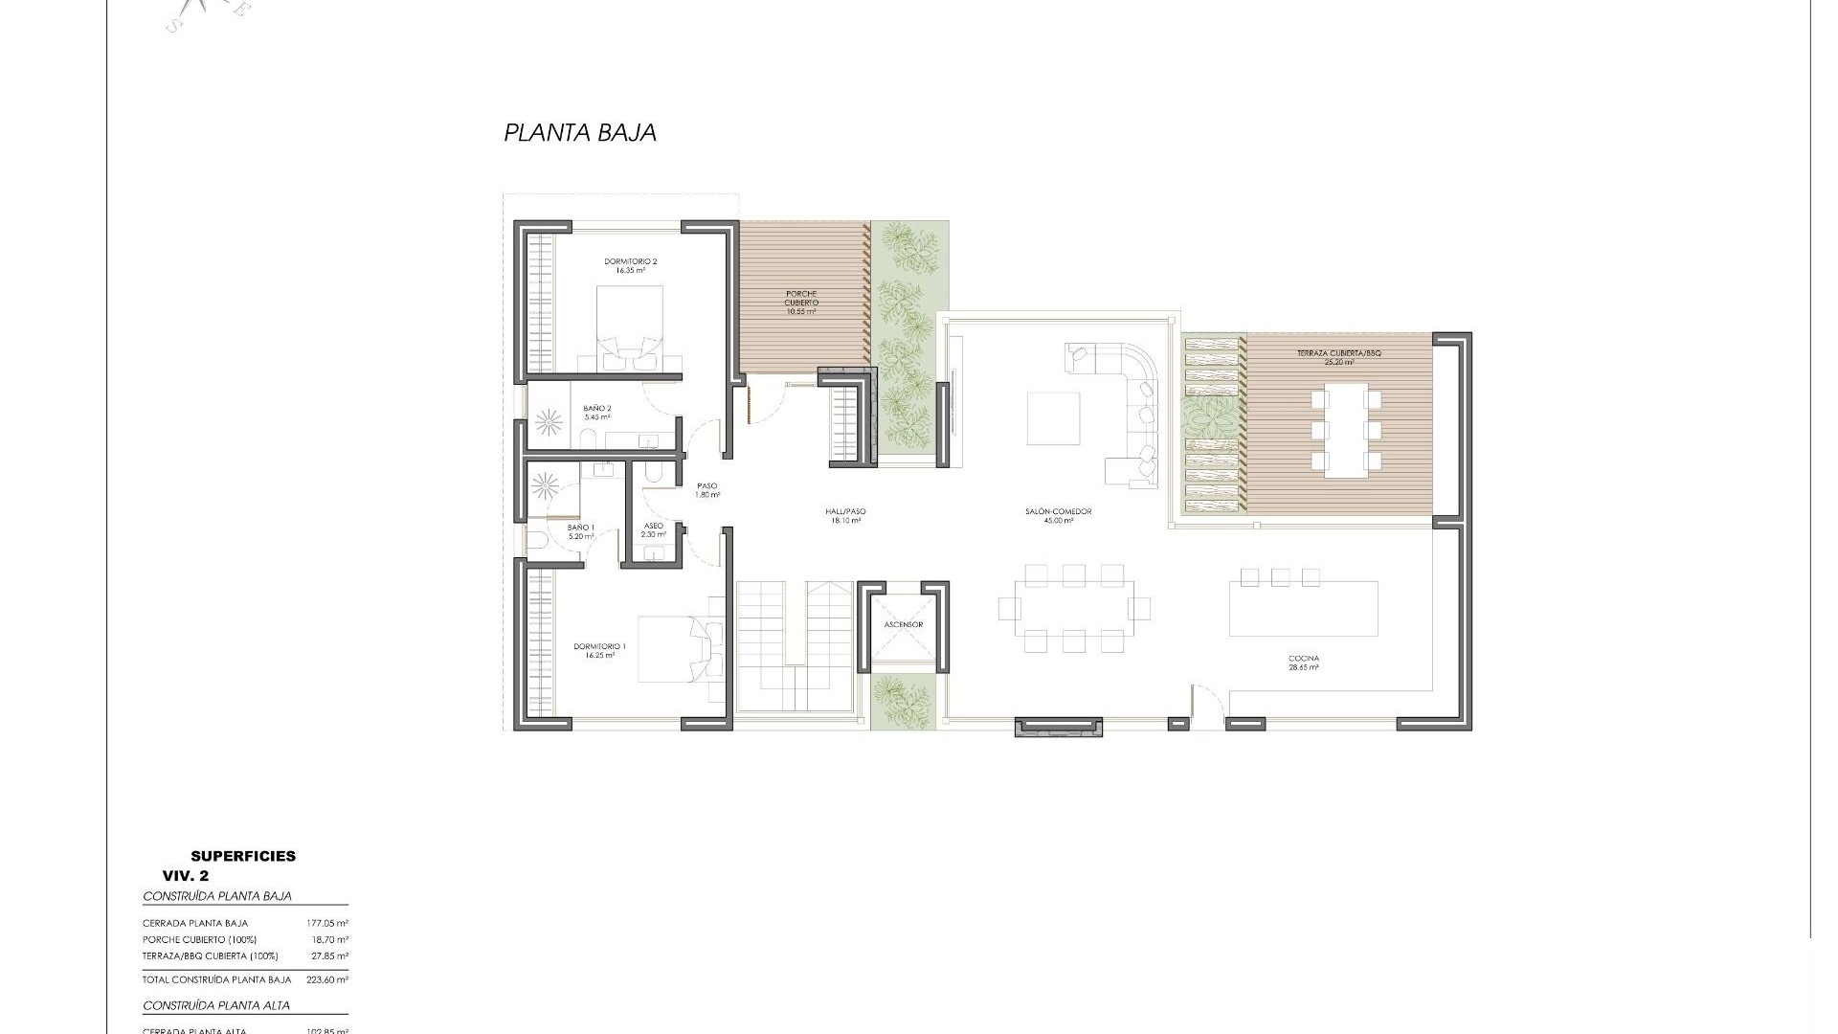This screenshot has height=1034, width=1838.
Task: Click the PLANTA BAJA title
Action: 580,133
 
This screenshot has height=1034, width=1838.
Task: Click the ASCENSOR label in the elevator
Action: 904,625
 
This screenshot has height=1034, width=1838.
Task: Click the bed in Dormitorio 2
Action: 630,326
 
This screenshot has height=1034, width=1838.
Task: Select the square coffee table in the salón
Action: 1053,418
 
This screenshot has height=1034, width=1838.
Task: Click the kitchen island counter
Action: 1303,609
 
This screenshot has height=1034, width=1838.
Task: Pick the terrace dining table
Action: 1345,430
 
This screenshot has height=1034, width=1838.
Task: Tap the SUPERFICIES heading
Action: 243,857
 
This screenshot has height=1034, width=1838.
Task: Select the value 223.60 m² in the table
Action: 325,980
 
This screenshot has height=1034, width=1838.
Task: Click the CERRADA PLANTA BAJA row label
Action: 195,924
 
